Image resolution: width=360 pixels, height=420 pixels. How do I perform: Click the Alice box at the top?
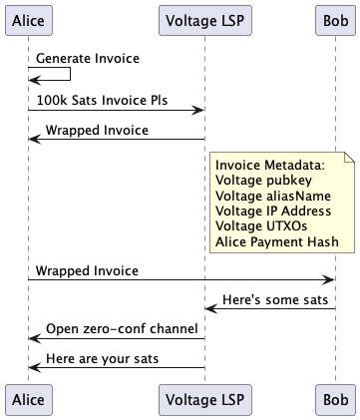(29, 20)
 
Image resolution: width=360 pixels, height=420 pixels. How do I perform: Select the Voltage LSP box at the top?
(204, 20)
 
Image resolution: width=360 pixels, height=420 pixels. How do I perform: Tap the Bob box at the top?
(334, 20)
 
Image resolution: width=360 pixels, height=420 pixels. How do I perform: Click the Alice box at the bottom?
(29, 399)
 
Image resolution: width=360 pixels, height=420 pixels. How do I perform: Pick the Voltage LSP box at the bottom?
(204, 399)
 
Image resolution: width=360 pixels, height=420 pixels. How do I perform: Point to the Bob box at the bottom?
(334, 399)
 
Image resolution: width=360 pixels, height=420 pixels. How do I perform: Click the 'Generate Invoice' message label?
(88, 59)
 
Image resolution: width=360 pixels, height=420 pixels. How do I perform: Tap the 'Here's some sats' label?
(272, 299)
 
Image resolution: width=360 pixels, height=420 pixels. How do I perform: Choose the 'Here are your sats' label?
(101, 358)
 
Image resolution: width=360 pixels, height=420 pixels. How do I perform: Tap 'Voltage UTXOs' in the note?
(259, 226)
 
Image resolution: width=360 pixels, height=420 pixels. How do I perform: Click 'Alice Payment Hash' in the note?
(277, 241)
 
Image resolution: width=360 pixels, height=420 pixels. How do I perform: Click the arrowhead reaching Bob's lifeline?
(328, 280)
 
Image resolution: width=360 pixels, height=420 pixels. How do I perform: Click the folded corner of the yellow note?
(349, 156)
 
